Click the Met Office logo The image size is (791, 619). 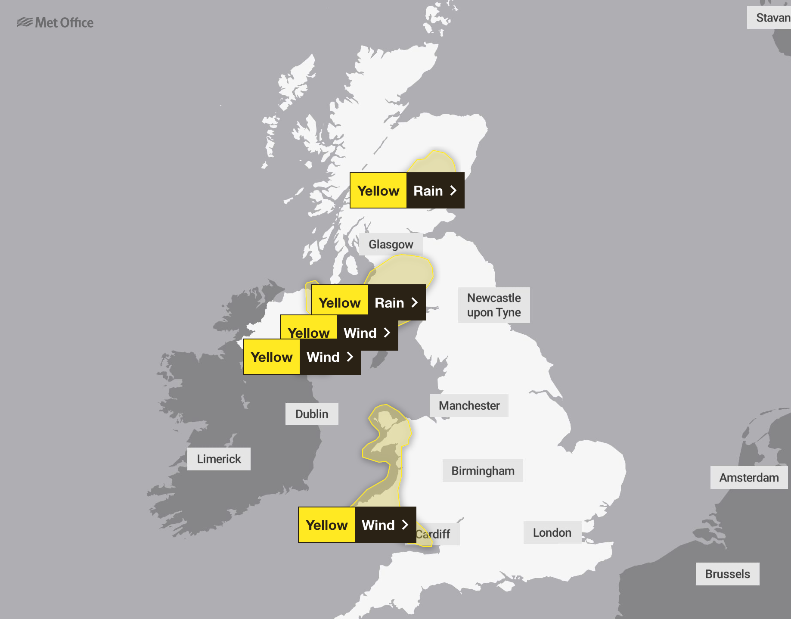(55, 22)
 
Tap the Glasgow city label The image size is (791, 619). (391, 244)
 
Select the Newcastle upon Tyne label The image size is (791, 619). (494, 305)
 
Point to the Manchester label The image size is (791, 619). (469, 405)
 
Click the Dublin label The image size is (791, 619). (312, 414)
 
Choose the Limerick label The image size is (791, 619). (219, 459)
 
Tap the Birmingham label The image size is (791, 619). (483, 471)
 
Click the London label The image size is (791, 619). (552, 533)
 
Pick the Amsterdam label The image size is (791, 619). (749, 478)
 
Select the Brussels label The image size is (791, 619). (727, 574)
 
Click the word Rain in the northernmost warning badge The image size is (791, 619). (428, 191)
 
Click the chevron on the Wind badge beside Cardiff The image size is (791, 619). (405, 525)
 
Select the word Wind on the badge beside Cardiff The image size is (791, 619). (378, 525)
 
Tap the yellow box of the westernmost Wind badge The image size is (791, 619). (272, 357)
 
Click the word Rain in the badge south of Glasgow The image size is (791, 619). (389, 303)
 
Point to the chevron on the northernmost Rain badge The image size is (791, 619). (453, 190)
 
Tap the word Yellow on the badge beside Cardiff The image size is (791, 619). (327, 525)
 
